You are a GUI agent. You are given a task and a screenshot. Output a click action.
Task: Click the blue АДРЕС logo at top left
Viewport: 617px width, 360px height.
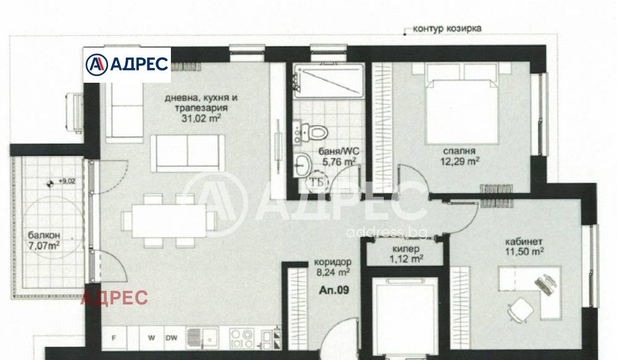click(x=126, y=65)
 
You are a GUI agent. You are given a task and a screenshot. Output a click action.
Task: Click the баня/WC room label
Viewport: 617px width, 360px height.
click(x=339, y=151)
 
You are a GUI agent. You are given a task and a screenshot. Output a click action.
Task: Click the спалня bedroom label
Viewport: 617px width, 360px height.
click(x=459, y=151)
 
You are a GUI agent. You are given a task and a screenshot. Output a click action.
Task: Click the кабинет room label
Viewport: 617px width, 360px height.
click(x=524, y=241)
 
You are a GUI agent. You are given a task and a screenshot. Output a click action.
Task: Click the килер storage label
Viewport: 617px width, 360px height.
click(x=406, y=249)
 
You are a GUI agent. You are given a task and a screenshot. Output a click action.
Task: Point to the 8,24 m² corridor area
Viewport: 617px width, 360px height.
click(x=333, y=272)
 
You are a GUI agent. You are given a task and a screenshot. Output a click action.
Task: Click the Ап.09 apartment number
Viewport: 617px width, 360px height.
click(x=334, y=290)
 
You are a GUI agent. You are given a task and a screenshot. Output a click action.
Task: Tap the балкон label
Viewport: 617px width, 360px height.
click(x=44, y=235)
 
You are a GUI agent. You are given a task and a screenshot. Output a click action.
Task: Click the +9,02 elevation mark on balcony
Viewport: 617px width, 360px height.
click(x=67, y=181)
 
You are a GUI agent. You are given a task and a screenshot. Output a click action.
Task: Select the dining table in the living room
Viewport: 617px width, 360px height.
click(x=169, y=220)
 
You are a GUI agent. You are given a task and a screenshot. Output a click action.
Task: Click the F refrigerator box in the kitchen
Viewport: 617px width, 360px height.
click(x=114, y=338)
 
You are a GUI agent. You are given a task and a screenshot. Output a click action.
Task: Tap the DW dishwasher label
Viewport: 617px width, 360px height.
click(x=171, y=338)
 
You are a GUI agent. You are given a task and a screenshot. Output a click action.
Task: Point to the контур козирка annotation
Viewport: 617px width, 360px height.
click(x=447, y=29)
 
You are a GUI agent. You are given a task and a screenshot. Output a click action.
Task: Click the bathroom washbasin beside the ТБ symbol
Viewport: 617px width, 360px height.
click(x=302, y=165)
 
